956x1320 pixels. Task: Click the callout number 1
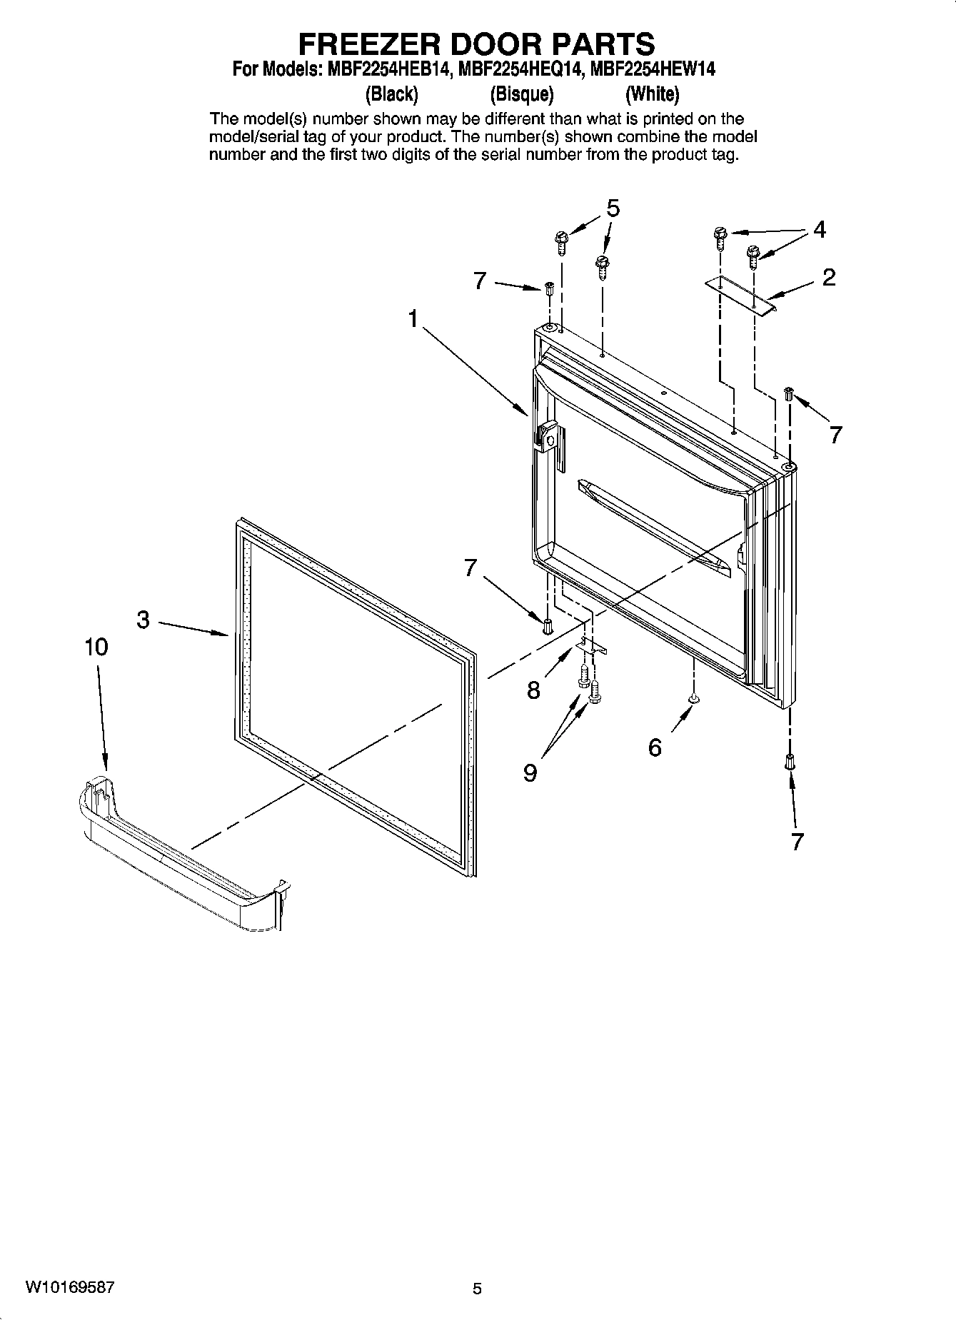[x=413, y=319]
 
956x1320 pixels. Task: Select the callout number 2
[x=828, y=277]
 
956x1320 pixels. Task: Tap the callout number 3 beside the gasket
[x=144, y=620]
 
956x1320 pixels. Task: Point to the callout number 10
[x=96, y=647]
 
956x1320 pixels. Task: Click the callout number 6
[x=655, y=747]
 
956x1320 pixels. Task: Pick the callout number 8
[x=533, y=690]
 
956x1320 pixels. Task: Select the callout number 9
[x=530, y=772]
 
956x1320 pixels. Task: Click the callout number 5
[x=613, y=208]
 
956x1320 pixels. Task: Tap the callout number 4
[x=820, y=230]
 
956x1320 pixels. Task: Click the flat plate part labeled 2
[x=740, y=295]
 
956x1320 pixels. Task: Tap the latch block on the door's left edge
[x=548, y=436]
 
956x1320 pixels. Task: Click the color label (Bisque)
[x=522, y=94]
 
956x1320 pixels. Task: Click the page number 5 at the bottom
[x=477, y=1289]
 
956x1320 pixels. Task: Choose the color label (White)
[x=652, y=94]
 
